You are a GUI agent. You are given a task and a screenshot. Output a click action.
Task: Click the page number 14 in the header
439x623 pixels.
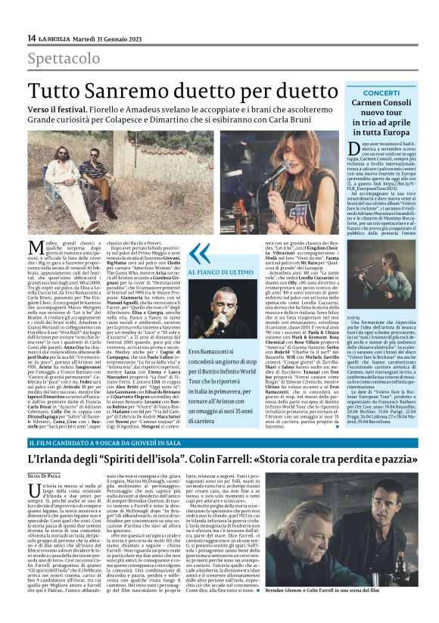coord(32,39)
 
